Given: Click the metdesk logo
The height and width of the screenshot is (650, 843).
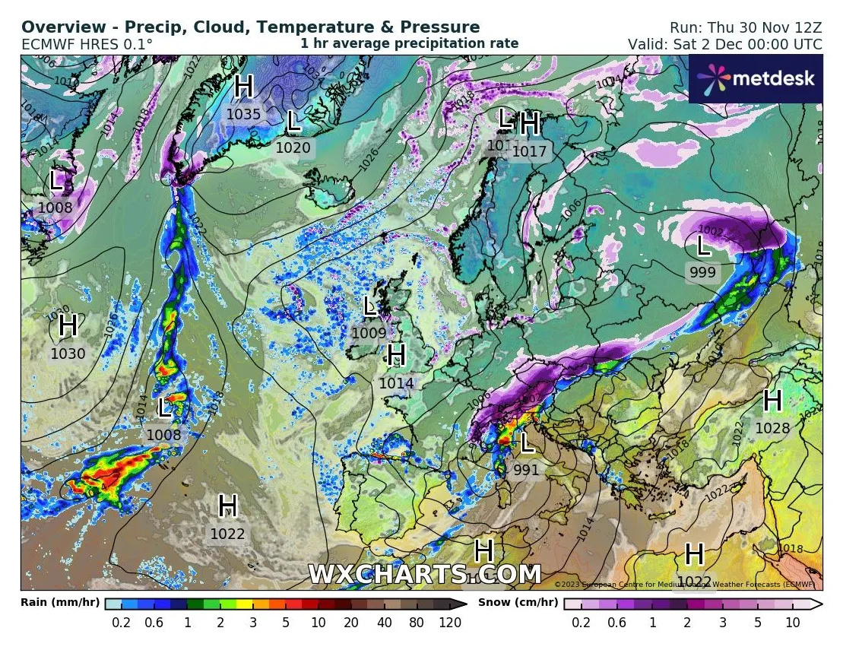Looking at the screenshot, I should tap(756, 78).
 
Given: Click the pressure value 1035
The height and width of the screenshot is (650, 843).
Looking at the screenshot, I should tap(243, 115).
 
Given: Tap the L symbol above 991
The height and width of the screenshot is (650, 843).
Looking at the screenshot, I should tap(526, 442).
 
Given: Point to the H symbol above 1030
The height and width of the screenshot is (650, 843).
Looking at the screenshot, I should tap(68, 326).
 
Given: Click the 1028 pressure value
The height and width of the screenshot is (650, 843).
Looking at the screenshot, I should tap(772, 428).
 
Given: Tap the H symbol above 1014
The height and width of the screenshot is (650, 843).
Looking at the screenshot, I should tap(396, 355).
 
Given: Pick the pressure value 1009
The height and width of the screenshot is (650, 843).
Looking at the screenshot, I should tap(369, 333).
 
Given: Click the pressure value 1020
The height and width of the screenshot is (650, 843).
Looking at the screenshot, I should tap(293, 147).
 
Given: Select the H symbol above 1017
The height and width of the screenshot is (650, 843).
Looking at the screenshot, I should tap(530, 122).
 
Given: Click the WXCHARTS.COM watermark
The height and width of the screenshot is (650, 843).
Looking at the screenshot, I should tap(424, 575).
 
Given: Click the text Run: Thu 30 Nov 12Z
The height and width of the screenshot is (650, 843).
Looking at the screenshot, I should tap(745, 27).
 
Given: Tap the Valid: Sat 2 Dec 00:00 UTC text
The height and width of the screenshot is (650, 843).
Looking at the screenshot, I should tap(724, 44).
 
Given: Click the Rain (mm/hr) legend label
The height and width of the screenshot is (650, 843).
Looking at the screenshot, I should tap(59, 603).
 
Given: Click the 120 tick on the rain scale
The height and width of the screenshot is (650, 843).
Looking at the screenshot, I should tap(450, 623).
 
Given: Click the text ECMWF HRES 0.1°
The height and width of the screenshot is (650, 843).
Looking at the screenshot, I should tap(87, 44).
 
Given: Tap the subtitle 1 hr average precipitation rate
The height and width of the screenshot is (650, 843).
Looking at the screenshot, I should tap(409, 43).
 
